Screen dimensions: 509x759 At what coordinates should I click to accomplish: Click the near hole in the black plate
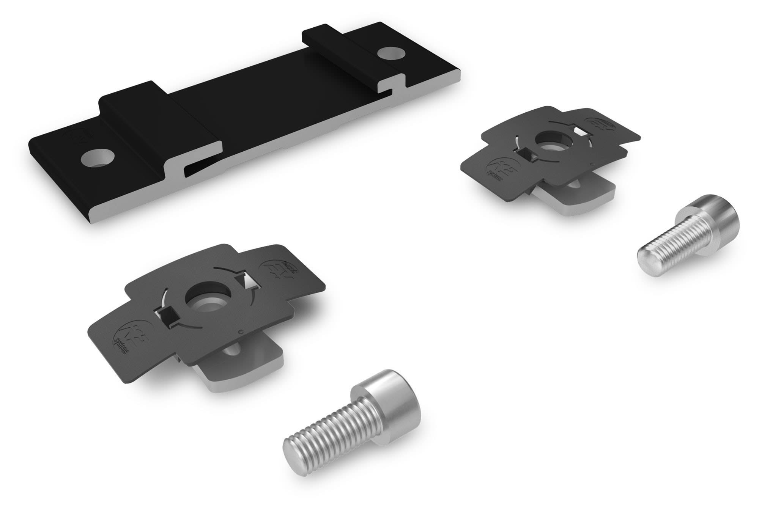coord(97,159)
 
